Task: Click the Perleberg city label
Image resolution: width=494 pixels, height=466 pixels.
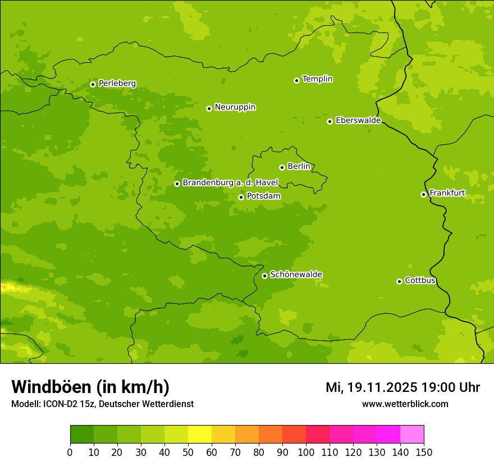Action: (x=117, y=84)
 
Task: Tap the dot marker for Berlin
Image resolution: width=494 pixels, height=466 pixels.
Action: (x=282, y=167)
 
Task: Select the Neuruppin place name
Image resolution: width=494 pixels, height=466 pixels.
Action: (x=235, y=107)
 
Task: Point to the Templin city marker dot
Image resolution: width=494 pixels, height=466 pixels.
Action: (x=296, y=80)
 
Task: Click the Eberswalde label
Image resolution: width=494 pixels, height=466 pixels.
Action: (x=358, y=121)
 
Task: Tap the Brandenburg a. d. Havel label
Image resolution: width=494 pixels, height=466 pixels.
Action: (x=230, y=183)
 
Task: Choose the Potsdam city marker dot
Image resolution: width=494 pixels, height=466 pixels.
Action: (x=241, y=197)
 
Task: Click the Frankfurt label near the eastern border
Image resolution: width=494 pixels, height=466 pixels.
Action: (x=447, y=193)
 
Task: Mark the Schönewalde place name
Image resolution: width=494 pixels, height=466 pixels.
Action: (x=296, y=275)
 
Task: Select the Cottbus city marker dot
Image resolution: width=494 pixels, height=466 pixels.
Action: (x=399, y=281)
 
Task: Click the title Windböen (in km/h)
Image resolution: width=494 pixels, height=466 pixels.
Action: (x=90, y=387)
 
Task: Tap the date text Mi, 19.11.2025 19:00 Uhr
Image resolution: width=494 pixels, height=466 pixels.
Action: (x=402, y=387)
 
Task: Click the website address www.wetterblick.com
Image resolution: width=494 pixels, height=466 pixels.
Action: (x=405, y=404)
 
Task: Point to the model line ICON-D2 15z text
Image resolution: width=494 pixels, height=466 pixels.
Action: (x=102, y=404)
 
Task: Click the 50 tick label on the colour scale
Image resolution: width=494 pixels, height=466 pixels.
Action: (x=188, y=452)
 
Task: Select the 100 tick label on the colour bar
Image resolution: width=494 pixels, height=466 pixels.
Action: (x=306, y=452)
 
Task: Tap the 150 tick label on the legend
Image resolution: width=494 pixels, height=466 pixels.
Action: (x=424, y=452)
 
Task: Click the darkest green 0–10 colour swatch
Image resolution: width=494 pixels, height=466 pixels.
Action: (x=82, y=435)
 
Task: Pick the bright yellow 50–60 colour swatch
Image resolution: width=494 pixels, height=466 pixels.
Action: (x=200, y=435)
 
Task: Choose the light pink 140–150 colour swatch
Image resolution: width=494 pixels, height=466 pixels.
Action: (x=412, y=435)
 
